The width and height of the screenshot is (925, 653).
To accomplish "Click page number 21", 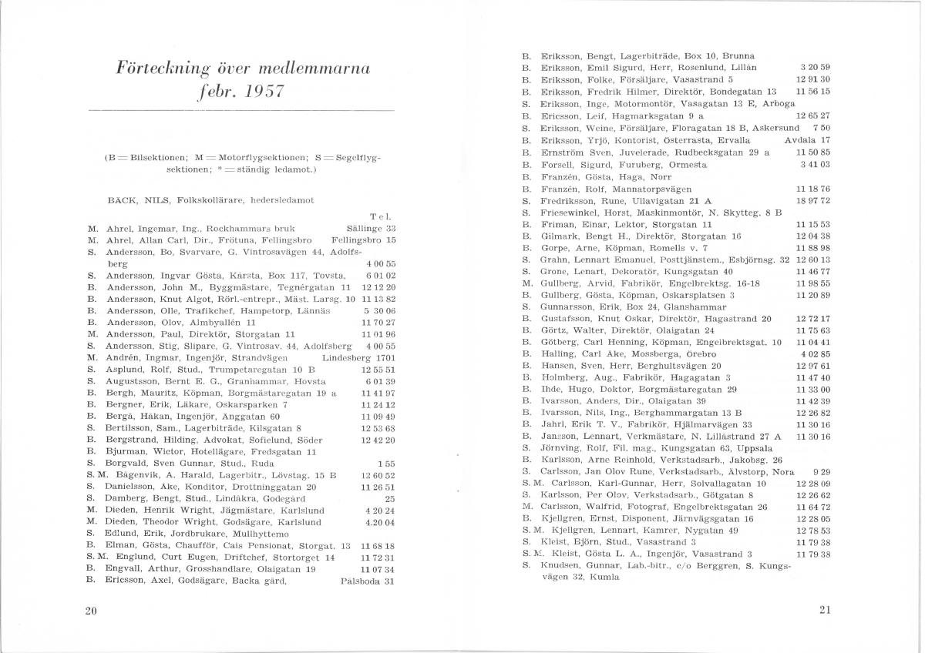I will click(x=825, y=611).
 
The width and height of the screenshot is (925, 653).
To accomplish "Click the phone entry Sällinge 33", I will click(x=369, y=229).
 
